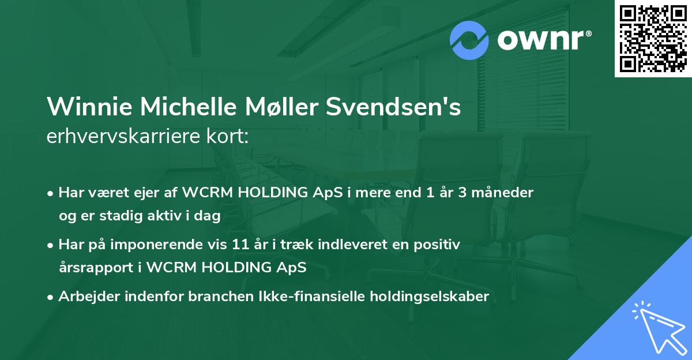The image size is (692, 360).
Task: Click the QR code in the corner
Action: tap(653, 39)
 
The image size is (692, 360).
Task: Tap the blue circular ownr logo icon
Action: tap(469, 40)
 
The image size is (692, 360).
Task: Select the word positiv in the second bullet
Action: tap(439, 245)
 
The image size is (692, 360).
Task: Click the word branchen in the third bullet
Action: tap(183, 297)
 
